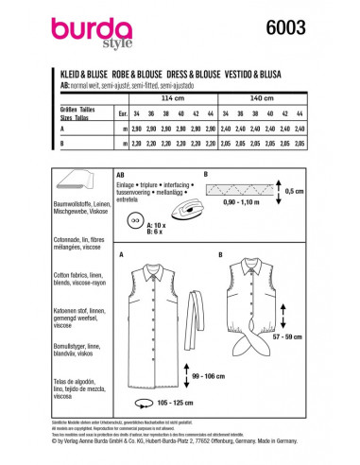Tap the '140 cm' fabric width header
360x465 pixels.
coord(273,98)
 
